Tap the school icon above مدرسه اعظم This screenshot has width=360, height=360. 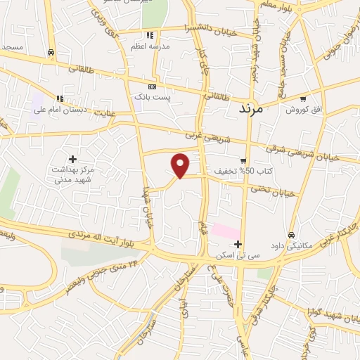pyautogui.click(x=148, y=35)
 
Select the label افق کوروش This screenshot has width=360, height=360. pyautogui.click(x=303, y=109)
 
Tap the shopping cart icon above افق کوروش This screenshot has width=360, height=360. pyautogui.click(x=303, y=98)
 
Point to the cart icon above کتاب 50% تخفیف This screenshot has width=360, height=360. pyautogui.click(x=243, y=160)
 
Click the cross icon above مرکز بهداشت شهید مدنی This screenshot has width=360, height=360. pyautogui.click(x=72, y=159)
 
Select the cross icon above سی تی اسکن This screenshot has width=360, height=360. pyautogui.click(x=239, y=245)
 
